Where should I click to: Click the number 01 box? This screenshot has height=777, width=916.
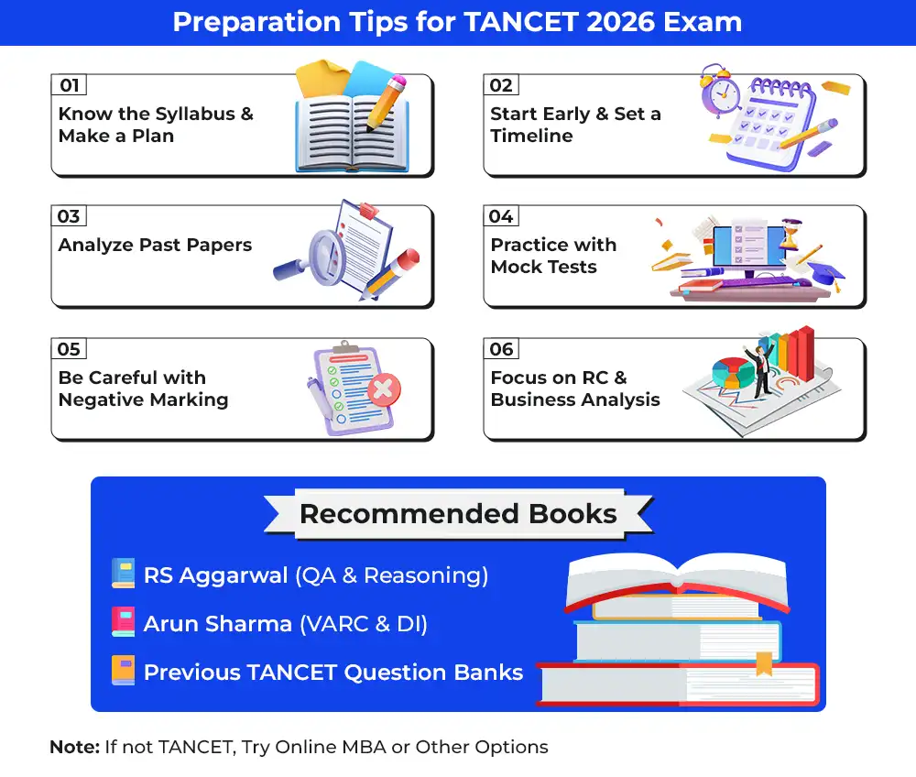tap(69, 84)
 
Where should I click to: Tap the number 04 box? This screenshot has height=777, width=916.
tap(501, 215)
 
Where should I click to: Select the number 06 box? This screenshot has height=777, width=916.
tap(501, 349)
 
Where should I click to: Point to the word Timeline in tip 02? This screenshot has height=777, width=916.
tap(531, 136)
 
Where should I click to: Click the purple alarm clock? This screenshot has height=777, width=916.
tap(720, 91)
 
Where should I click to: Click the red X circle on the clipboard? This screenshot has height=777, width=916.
tap(383, 389)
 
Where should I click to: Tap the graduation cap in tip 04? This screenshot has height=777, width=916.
tap(825, 275)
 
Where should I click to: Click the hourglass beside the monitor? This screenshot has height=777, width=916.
tap(792, 235)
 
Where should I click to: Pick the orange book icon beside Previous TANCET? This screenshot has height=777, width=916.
tap(124, 670)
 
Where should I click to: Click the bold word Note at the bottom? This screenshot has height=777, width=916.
tap(75, 747)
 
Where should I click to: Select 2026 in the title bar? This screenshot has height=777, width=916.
tap(620, 22)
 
